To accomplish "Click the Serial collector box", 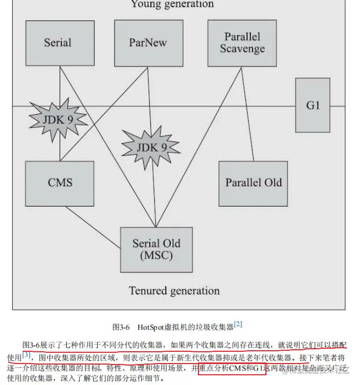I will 60,43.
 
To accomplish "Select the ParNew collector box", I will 148,43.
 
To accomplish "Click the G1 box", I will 313,106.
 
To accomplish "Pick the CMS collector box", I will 60,183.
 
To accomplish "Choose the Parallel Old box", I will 253,183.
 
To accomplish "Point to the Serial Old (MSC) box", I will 156,249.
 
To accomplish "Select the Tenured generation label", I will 174,291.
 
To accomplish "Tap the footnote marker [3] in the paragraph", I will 27,354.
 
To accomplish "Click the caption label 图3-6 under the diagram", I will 121,327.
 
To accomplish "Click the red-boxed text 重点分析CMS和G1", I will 232,368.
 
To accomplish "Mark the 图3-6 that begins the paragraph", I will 32,345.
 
